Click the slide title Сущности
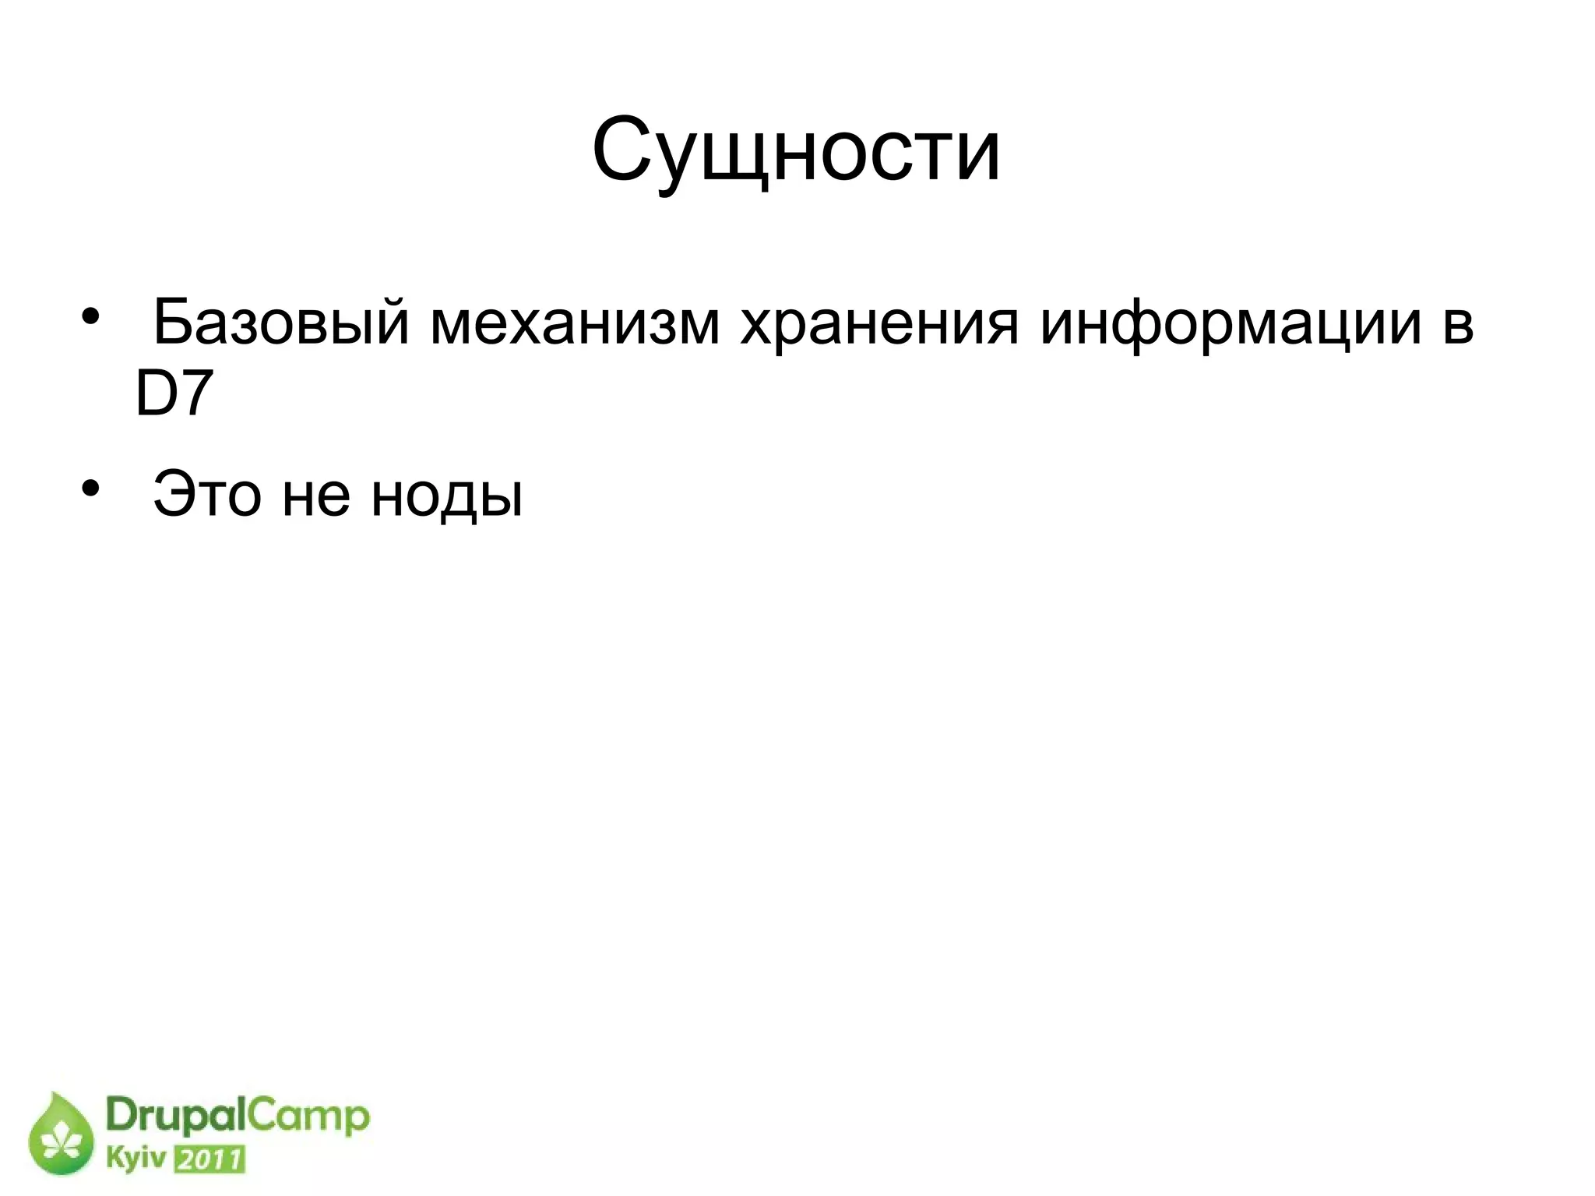pyautogui.click(x=796, y=150)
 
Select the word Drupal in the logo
pyautogui.click(x=176, y=1117)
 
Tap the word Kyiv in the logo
pyautogui.click(x=136, y=1159)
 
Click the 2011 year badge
pyautogui.click(x=209, y=1159)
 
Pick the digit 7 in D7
pyautogui.click(x=195, y=395)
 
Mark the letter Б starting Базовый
pyautogui.click(x=172, y=322)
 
